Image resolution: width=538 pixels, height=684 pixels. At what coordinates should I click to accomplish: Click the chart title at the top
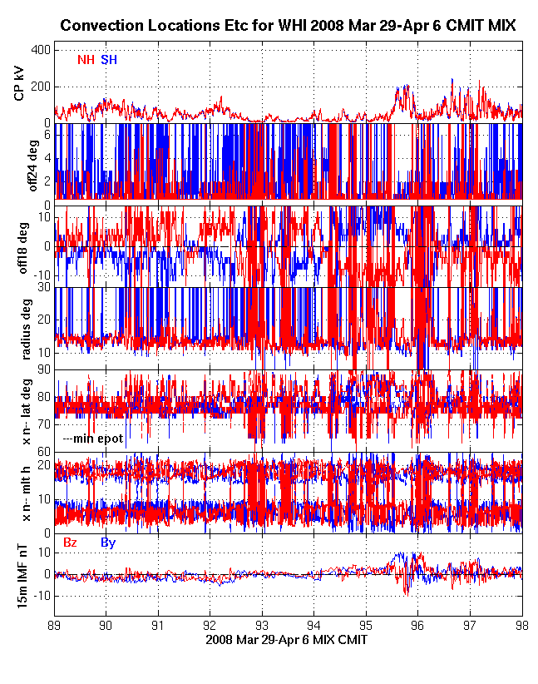[x=288, y=27]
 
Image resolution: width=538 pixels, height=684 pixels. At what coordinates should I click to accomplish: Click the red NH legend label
[x=86, y=59]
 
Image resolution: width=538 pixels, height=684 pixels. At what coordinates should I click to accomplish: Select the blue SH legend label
[x=109, y=59]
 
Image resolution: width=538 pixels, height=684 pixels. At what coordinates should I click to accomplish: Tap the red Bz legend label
[x=71, y=543]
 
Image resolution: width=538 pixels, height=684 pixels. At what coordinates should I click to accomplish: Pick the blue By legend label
[x=108, y=543]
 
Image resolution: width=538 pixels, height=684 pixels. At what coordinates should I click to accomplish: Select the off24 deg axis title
[x=19, y=163]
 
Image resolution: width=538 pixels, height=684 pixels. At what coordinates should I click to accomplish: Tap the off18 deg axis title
[x=19, y=246]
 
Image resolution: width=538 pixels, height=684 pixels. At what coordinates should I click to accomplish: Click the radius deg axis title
[x=19, y=328]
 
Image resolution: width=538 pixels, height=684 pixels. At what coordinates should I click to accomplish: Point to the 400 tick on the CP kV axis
[x=40, y=50]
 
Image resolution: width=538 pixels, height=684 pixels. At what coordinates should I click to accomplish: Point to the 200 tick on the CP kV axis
[x=40, y=87]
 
